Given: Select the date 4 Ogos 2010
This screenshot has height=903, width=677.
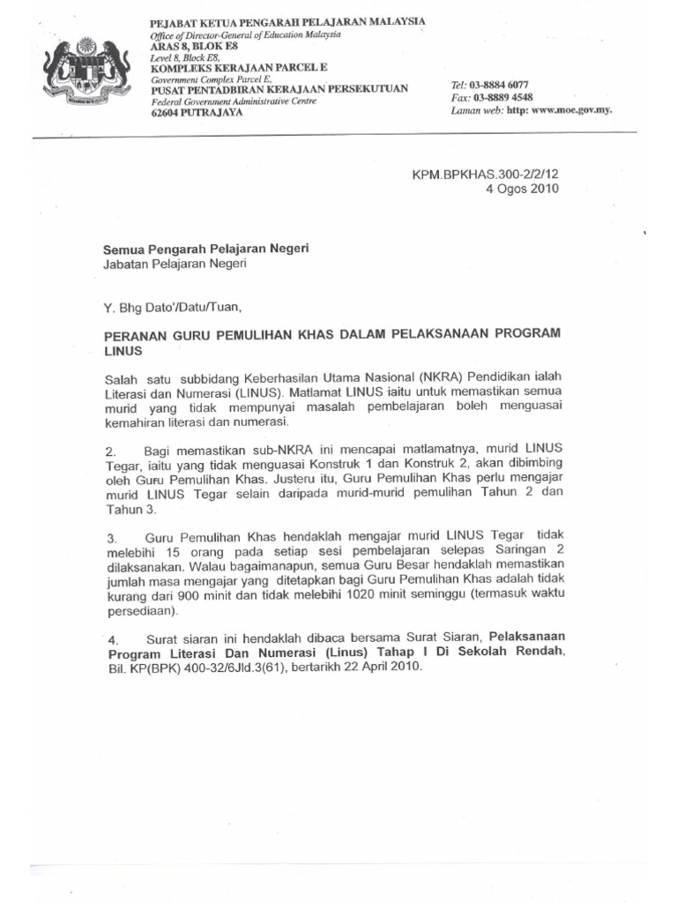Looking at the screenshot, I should (522, 189).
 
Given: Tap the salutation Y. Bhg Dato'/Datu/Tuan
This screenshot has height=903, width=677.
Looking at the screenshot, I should (171, 307).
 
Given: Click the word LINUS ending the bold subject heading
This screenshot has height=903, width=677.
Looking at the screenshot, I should (123, 351).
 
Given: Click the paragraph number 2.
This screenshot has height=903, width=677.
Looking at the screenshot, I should (109, 451).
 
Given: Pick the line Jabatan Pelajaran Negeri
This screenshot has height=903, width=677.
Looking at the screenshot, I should (175, 263).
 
